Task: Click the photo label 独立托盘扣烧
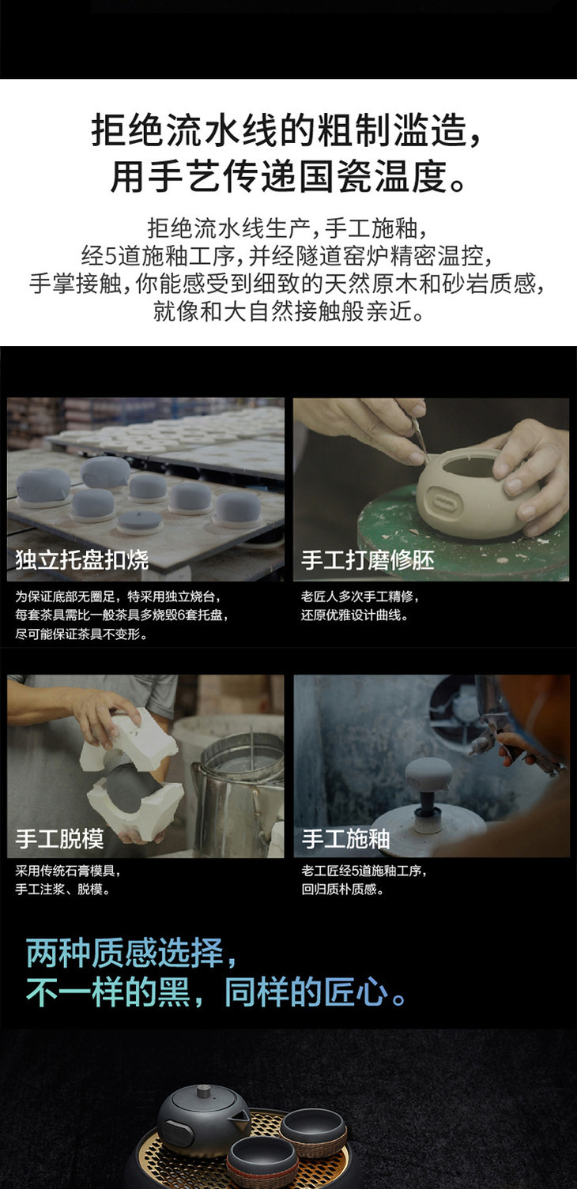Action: click(81, 560)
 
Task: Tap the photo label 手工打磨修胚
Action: click(368, 560)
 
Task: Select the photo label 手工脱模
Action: click(59, 839)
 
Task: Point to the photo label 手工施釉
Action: click(345, 839)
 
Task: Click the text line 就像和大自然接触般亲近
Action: click(289, 311)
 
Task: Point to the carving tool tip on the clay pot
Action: click(428, 461)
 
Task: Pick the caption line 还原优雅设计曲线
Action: click(355, 615)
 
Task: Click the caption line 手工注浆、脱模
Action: click(63, 889)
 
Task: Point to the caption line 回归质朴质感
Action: click(342, 889)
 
